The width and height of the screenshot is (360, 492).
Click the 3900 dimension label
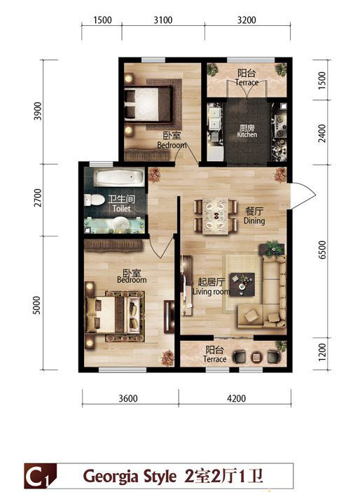(x=38, y=111)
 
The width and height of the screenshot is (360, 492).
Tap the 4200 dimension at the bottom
(x=236, y=398)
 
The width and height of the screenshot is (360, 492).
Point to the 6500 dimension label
(x=322, y=250)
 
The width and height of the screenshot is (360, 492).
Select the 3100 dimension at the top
(x=163, y=20)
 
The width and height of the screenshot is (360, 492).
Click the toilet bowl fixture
(x=95, y=200)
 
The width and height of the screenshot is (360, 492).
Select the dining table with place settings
(x=216, y=216)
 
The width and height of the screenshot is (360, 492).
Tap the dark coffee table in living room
(x=242, y=284)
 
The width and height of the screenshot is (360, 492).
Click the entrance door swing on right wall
(x=303, y=196)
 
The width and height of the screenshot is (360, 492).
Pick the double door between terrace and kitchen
(x=247, y=89)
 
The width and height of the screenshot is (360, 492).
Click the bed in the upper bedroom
(x=148, y=104)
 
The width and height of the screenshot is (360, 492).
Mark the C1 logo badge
(x=41, y=477)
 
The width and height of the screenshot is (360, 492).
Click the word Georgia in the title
(x=111, y=477)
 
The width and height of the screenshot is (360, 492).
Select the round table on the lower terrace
(x=256, y=357)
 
